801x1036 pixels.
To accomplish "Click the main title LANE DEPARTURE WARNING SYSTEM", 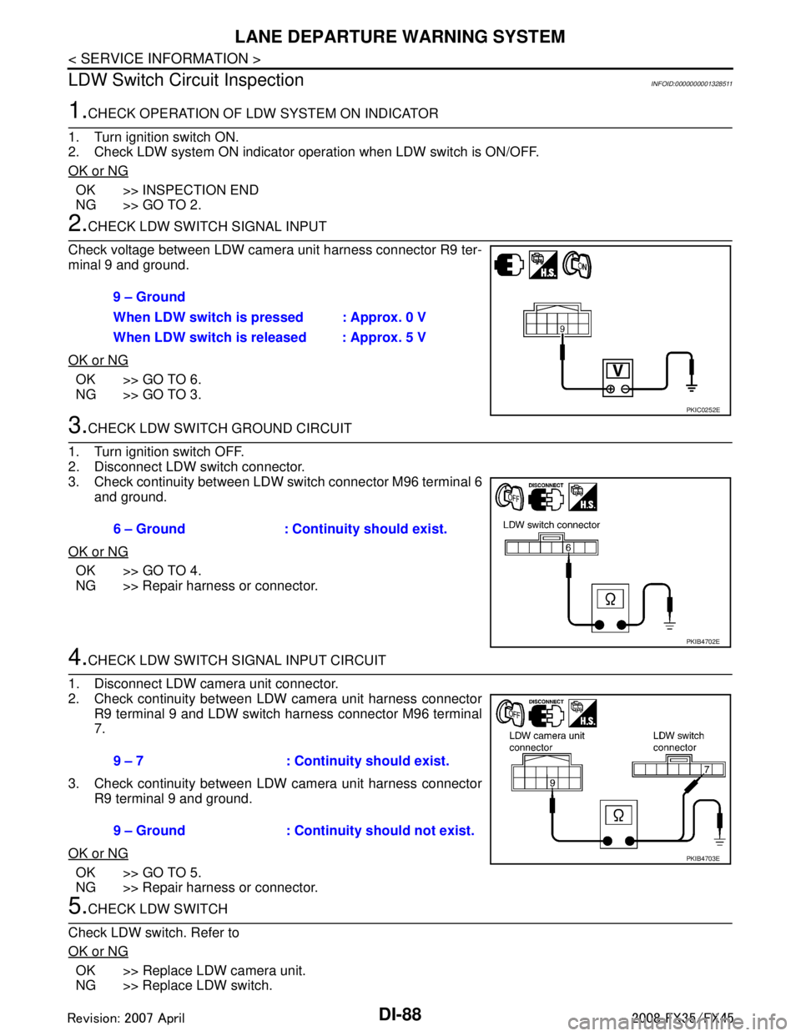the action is tap(400, 37).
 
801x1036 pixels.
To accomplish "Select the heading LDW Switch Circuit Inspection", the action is tap(186, 80).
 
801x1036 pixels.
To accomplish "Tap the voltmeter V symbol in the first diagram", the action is tap(617, 370).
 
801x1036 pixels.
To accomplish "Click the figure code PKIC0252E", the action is tap(703, 410).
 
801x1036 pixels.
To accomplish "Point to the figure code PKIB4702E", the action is tap(703, 641).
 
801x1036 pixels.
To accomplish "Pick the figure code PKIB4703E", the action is tap(703, 858).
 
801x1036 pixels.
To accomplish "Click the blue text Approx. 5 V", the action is tap(388, 338).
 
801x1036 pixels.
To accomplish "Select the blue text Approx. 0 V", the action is tap(388, 318).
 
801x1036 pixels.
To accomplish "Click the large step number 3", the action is tap(77, 425).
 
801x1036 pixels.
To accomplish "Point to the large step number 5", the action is tap(77, 906).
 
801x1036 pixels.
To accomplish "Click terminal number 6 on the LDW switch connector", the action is tap(568, 548).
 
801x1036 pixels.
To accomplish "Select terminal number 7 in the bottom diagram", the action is tap(707, 769).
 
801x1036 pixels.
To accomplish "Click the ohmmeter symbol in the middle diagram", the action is tap(610, 600).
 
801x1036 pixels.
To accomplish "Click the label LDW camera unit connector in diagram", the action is tap(547, 742).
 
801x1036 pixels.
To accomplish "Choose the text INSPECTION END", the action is tap(201, 190).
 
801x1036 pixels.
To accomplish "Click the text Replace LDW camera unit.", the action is tap(224, 971).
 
